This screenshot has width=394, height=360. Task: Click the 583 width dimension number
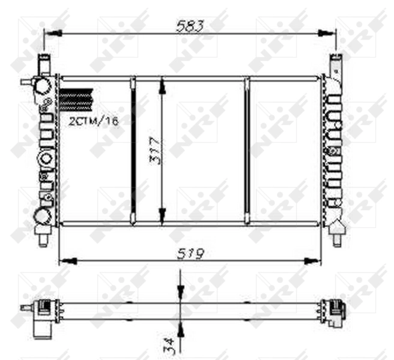pyautogui.click(x=190, y=26)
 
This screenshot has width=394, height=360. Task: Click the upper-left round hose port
pyautogui.click(x=43, y=86)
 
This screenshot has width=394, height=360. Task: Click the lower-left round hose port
pyautogui.click(x=42, y=215)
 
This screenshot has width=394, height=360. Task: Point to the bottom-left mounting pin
pyautogui.click(x=43, y=239)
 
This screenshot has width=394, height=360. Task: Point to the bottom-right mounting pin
pyautogui.click(x=338, y=239)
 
